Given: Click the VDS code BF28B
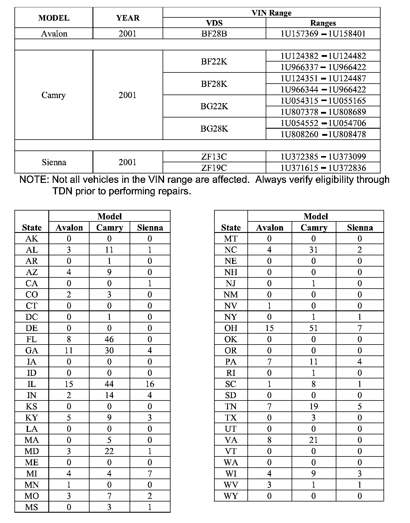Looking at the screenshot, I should pos(214,34).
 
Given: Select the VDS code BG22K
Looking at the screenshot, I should pos(214,106).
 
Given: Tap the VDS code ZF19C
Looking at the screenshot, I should pos(214,168).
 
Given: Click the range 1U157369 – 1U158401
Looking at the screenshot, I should pos(323,34).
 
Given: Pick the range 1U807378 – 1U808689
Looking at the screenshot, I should pos(323,112).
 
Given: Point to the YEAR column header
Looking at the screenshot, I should pos(128,18).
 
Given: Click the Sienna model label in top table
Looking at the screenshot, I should pos(54,162).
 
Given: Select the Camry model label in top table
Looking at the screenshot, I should pos(54,95).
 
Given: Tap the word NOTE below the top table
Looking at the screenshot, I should pos(34,180).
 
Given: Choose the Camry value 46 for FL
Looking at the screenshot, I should pos(109,339).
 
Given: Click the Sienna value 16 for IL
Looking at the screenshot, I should pos(150,384).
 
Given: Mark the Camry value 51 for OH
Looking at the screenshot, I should pos(313,328).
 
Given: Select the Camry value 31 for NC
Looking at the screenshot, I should pos(313,250).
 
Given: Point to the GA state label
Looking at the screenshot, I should pos(32,350).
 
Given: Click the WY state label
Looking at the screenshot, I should pos(231,496).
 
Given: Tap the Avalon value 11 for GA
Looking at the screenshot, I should pos(69,350).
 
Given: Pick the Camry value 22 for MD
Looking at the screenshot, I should pos(109,451).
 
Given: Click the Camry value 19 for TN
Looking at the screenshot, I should pos(313,406).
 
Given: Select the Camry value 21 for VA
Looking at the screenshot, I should pos(313,440).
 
